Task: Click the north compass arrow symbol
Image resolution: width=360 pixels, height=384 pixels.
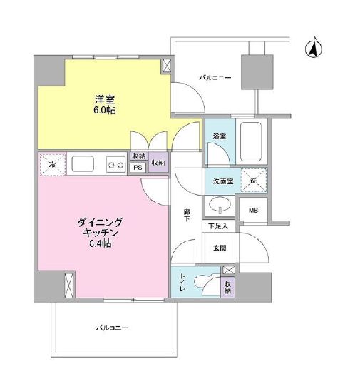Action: point(312,49)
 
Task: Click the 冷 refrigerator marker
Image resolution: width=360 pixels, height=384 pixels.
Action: point(51,164)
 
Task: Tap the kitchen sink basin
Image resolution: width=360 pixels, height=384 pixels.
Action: point(81,165)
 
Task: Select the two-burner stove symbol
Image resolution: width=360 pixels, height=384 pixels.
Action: point(114,165)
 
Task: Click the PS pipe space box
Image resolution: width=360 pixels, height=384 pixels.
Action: point(138,168)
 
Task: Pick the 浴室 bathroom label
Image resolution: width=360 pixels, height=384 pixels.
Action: point(219,136)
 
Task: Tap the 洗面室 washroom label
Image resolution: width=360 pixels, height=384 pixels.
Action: point(220,181)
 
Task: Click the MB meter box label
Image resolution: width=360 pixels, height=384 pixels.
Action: point(253,210)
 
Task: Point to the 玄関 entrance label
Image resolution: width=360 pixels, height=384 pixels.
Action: point(218,248)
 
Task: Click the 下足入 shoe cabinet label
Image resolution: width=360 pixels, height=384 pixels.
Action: point(218,227)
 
